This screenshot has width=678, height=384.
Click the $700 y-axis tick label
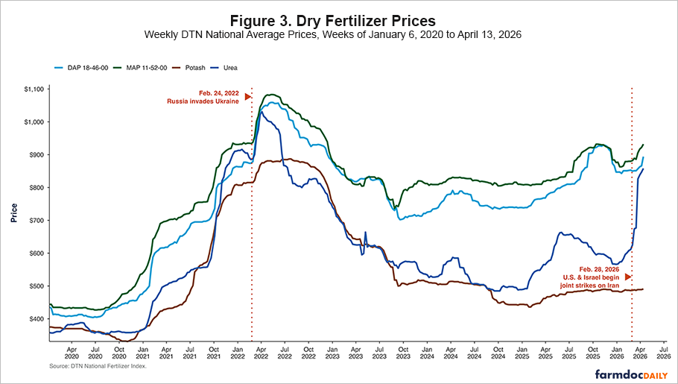(x=36, y=221)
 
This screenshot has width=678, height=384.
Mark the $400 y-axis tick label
(x=36, y=319)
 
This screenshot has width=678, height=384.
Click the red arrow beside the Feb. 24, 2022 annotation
(x=247, y=96)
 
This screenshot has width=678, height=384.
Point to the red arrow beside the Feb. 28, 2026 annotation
(x=627, y=277)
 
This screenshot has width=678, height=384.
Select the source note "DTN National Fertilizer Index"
(x=97, y=366)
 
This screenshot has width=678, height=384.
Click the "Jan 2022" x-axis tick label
(x=237, y=351)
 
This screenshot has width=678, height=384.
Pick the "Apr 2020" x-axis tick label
(x=72, y=351)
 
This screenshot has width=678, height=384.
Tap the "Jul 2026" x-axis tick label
(x=661, y=351)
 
